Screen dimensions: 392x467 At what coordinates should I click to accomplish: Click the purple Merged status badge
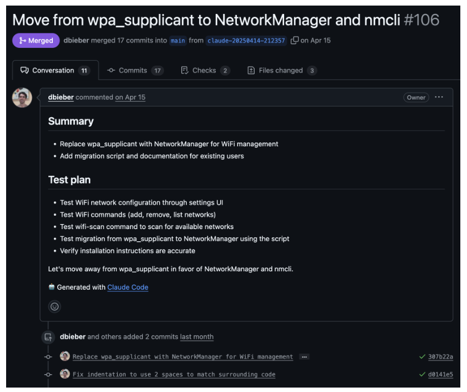[x=36, y=41]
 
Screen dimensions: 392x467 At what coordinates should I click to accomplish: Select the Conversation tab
[x=54, y=71]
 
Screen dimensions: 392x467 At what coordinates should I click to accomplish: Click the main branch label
[x=178, y=41]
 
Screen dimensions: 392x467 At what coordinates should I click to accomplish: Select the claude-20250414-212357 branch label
[x=246, y=41]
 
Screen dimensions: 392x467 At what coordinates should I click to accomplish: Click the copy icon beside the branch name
[x=295, y=41]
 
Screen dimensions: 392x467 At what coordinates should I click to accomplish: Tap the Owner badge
[x=416, y=97]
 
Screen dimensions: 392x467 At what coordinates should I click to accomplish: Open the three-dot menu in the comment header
[x=439, y=97]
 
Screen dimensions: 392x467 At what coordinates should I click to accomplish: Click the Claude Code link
[x=128, y=287]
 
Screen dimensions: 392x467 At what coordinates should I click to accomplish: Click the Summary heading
[x=71, y=121]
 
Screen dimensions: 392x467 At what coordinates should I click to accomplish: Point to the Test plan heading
[x=69, y=180]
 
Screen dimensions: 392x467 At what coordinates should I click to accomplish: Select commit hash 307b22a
[x=440, y=357]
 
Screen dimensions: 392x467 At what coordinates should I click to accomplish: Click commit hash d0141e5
[x=440, y=374]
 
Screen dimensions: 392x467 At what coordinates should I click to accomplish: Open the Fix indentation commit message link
[x=174, y=374]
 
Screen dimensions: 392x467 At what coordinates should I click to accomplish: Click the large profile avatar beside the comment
[x=22, y=98]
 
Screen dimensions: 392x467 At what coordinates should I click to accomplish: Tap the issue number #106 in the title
[x=421, y=20]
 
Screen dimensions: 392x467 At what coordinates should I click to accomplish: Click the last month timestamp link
[x=197, y=337]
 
